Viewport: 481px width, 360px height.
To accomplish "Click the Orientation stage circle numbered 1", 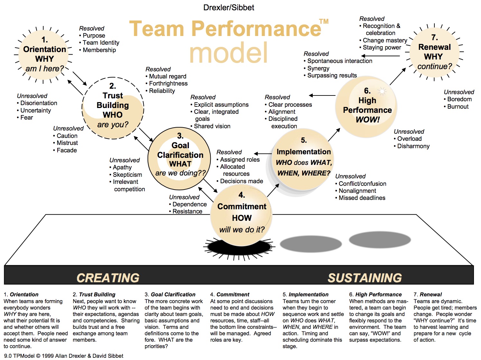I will click(44, 55).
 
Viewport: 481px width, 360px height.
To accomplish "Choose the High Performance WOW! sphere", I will click(367, 106).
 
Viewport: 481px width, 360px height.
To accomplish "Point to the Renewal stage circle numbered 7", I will click(434, 53).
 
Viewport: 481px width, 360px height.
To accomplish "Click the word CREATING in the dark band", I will click(108, 278).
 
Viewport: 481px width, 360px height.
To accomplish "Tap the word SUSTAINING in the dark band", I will click(365, 278).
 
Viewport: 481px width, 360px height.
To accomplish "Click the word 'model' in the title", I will click(228, 53).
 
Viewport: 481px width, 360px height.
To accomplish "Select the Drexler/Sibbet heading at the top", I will click(229, 7).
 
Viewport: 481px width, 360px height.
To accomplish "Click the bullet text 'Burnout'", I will click(458, 106).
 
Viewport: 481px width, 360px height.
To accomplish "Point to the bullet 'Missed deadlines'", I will click(362, 198).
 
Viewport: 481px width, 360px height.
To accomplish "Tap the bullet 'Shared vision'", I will click(212, 126).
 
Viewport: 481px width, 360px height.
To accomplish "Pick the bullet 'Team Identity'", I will click(101, 43).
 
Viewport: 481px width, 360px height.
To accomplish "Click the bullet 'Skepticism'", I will click(127, 175).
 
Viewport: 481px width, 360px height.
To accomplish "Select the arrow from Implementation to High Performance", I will click(334, 135).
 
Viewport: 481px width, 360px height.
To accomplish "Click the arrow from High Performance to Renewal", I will click(398, 76).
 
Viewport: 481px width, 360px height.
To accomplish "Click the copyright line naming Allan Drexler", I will click(64, 356).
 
